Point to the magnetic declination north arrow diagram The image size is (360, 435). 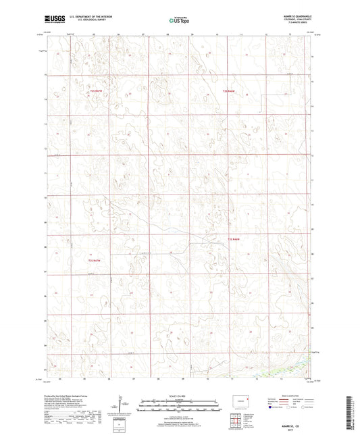tap(122, 405)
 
